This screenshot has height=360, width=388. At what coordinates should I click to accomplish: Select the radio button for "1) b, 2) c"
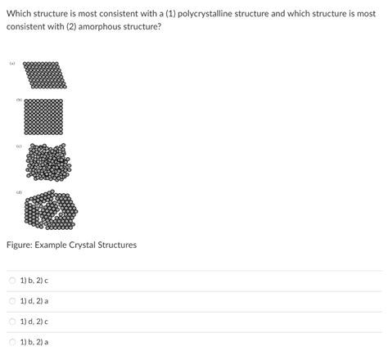point(12,281)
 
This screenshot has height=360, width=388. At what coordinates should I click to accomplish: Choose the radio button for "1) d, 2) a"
point(12,301)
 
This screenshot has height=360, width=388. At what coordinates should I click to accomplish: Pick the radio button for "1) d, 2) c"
point(12,322)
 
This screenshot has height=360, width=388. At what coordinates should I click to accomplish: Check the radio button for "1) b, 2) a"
point(12,342)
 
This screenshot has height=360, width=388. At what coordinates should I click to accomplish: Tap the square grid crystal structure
point(44,116)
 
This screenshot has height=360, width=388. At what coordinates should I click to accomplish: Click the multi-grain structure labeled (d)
point(51,209)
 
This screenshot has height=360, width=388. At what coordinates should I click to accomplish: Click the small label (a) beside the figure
point(12,63)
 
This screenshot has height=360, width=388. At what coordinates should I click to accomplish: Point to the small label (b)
point(17,101)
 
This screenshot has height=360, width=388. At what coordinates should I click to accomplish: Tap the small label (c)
point(17,147)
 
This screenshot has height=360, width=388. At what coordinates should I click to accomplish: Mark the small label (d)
point(17,193)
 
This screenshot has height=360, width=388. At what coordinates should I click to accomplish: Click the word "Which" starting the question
point(20,14)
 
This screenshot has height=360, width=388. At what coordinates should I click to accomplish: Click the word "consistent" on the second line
point(27,27)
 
